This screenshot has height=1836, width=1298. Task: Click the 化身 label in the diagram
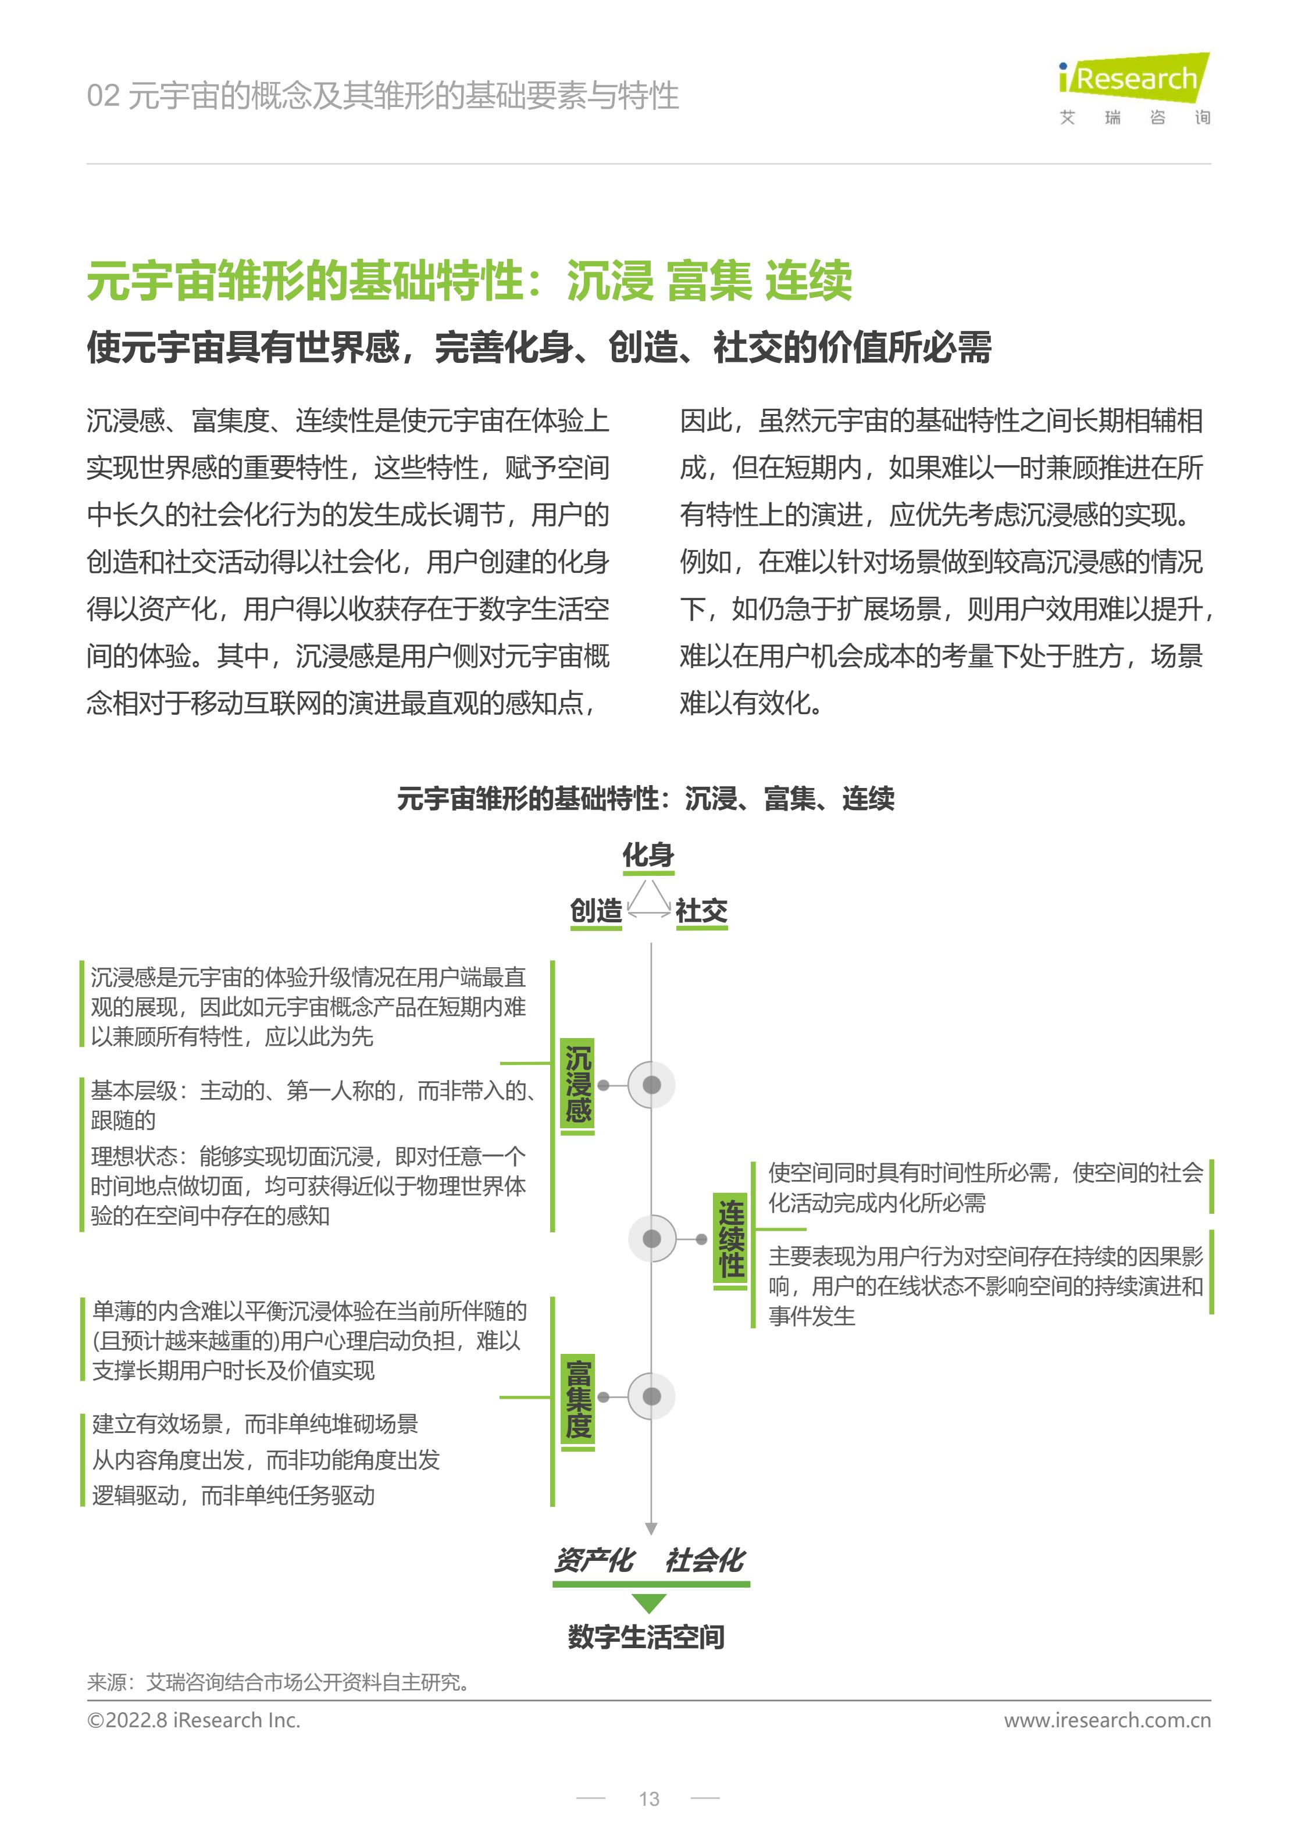pos(648,855)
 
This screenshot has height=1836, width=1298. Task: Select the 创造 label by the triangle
pos(596,910)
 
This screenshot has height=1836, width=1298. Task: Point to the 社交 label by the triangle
pos(701,910)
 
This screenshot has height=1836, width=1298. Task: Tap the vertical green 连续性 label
pos(730,1239)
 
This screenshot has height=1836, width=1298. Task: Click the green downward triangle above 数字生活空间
pos(648,1603)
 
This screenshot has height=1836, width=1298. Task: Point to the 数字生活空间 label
pos(646,1637)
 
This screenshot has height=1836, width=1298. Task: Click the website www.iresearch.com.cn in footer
pos(1107,1720)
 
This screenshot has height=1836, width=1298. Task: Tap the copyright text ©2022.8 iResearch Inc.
pos(194,1720)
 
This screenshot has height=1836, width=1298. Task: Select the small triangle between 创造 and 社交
pos(648,900)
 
